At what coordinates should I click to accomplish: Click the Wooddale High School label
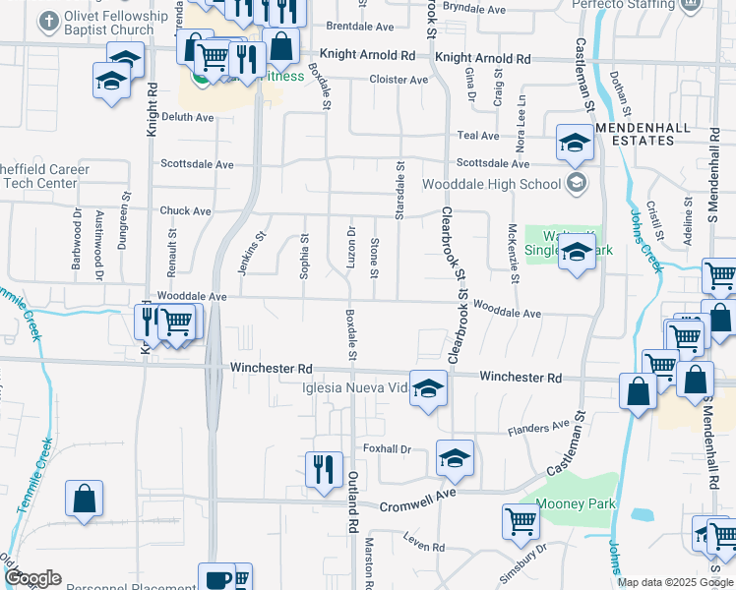click(x=492, y=184)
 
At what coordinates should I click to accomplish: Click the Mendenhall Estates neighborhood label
click(x=645, y=133)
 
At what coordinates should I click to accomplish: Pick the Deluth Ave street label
click(x=187, y=117)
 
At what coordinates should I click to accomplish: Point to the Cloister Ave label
click(x=399, y=80)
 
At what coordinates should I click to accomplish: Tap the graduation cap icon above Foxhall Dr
click(x=455, y=457)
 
